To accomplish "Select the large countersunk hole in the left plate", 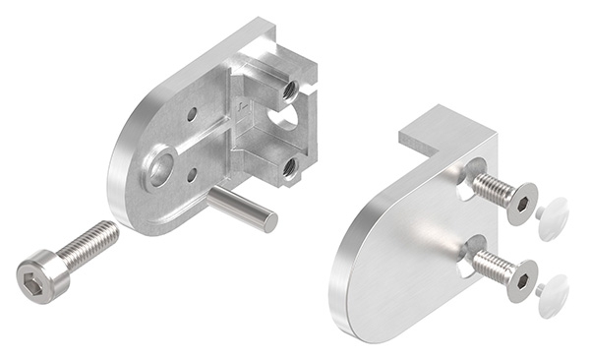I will (x=159, y=168).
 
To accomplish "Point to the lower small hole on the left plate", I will (x=192, y=175).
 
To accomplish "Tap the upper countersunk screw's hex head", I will (x=522, y=203).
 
